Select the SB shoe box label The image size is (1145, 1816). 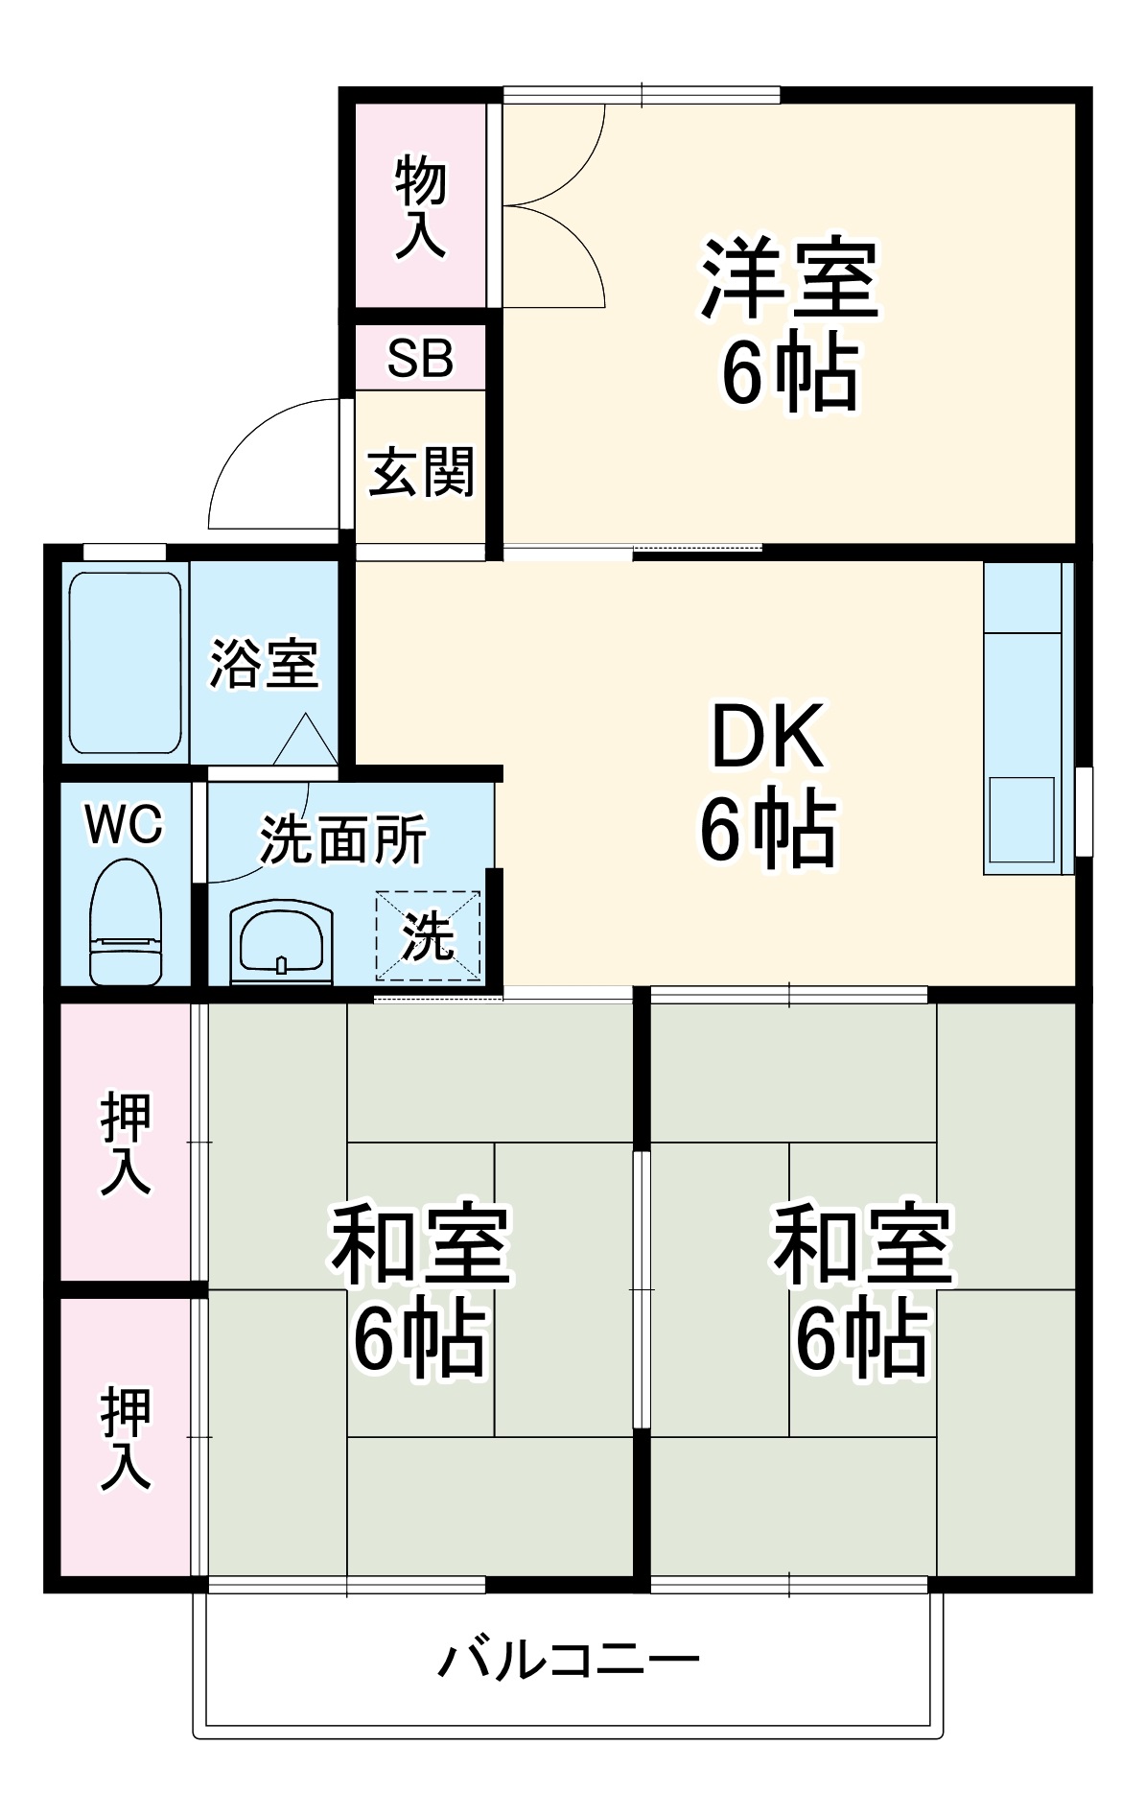click(420, 358)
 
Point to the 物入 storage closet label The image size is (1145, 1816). click(421, 206)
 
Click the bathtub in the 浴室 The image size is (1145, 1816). click(125, 663)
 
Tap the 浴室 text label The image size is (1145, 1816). click(264, 663)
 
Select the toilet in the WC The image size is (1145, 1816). click(126, 923)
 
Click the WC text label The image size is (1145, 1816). click(125, 824)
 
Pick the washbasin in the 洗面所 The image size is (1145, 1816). click(281, 941)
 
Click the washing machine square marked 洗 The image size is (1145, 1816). click(428, 936)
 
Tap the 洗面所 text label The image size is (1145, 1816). click(342, 839)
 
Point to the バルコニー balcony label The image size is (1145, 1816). click(570, 1659)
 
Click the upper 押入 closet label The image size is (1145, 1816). click(126, 1143)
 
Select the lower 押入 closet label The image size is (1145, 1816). click(126, 1437)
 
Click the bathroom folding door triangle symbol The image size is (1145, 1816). click(306, 742)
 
